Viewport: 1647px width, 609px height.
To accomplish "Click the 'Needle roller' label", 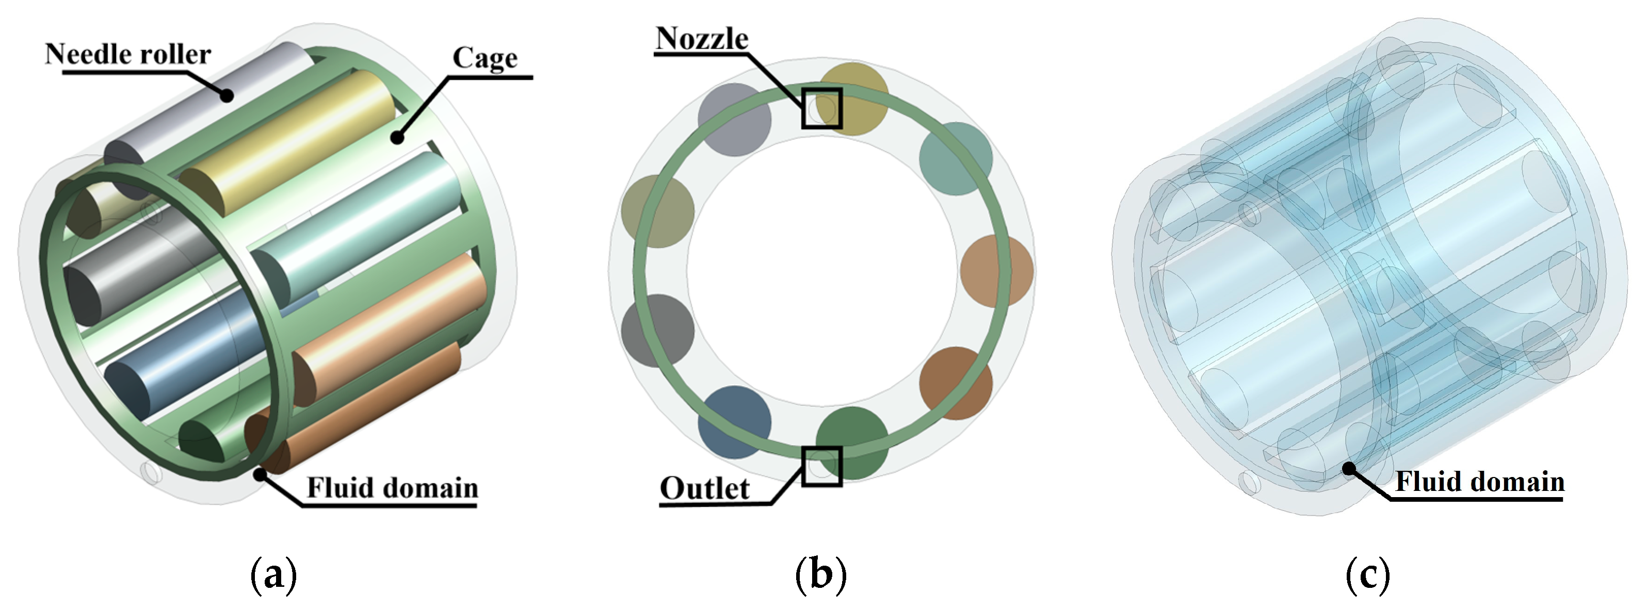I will (x=127, y=54).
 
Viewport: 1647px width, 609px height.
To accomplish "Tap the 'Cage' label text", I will (x=485, y=58).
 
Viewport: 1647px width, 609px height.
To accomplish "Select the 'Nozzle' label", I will (x=701, y=39).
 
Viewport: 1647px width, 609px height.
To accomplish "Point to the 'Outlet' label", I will (x=704, y=488).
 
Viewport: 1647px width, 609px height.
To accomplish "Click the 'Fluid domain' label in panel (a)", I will (x=392, y=488).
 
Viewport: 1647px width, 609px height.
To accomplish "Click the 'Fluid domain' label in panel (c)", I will (x=1479, y=481).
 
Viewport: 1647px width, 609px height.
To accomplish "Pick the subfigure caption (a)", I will (x=273, y=574).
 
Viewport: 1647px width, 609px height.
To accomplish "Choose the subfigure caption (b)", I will (x=820, y=574).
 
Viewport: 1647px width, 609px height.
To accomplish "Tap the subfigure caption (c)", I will (x=1367, y=574).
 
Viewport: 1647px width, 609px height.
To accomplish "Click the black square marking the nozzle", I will (x=821, y=108).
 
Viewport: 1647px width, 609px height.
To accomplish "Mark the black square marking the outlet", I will (x=821, y=466).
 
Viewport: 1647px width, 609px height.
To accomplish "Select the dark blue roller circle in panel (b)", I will (x=734, y=422).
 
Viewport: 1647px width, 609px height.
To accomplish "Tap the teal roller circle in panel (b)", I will (x=955, y=158).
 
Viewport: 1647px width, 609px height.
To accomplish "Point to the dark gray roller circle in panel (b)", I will (x=657, y=331).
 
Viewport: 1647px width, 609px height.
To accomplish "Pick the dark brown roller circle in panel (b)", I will (x=956, y=383).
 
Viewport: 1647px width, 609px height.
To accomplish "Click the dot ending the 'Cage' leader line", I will (x=398, y=136).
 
